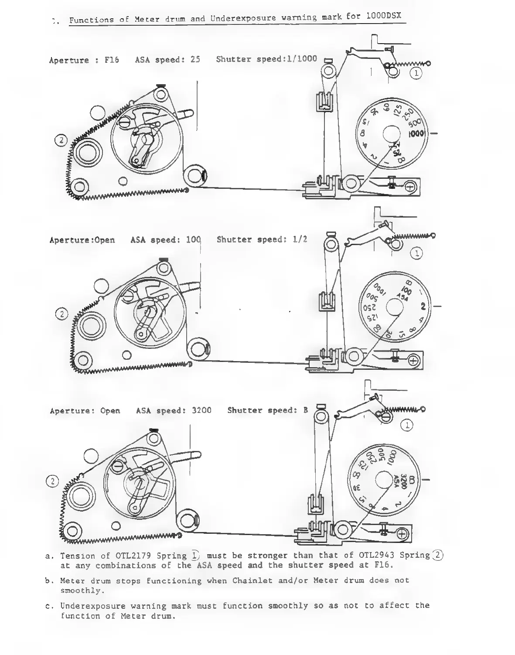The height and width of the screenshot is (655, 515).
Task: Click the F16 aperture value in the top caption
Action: [112, 60]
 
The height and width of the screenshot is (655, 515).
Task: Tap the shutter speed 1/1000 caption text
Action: [300, 58]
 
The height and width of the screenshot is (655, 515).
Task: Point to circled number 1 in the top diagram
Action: [416, 74]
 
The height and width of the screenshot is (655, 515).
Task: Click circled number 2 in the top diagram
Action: [61, 140]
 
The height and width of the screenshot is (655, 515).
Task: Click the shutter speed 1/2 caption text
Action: [300, 239]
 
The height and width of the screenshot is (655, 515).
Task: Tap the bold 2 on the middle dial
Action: [422, 307]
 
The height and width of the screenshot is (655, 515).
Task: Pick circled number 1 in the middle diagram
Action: [417, 253]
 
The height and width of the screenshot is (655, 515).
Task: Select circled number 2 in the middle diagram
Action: [62, 314]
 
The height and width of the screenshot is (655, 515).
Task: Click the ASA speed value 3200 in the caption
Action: [201, 410]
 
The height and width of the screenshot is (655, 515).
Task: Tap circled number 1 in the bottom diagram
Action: [407, 425]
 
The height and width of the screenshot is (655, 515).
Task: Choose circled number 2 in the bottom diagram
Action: [52, 481]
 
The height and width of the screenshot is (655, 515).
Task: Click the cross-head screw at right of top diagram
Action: [410, 187]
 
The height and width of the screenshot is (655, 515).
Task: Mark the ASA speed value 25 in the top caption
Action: [195, 59]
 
